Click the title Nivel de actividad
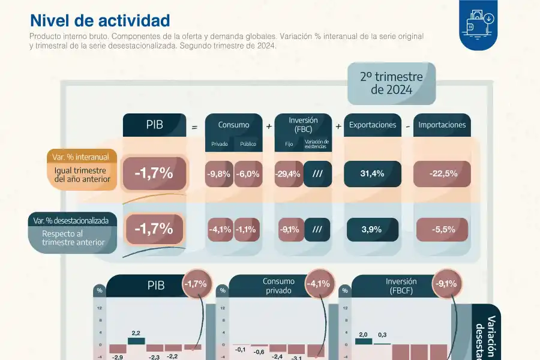[x=100, y=21]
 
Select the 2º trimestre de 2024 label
[x=391, y=83]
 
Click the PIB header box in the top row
[x=154, y=125]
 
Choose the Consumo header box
[x=233, y=125]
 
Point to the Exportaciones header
[x=373, y=125]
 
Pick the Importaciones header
[x=442, y=125]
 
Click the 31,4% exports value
[x=372, y=173]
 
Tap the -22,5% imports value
[x=443, y=173]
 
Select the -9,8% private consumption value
[x=218, y=174]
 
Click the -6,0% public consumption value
[x=247, y=174]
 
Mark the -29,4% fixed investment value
[x=287, y=174]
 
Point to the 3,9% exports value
[x=372, y=229]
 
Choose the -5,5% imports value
[x=443, y=229]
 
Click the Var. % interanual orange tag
[x=81, y=157]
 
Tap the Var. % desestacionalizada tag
[x=71, y=220]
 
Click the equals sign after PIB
[x=194, y=127]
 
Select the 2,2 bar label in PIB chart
[x=136, y=332]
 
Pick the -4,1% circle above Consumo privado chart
[x=318, y=283]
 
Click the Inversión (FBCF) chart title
[x=401, y=286]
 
